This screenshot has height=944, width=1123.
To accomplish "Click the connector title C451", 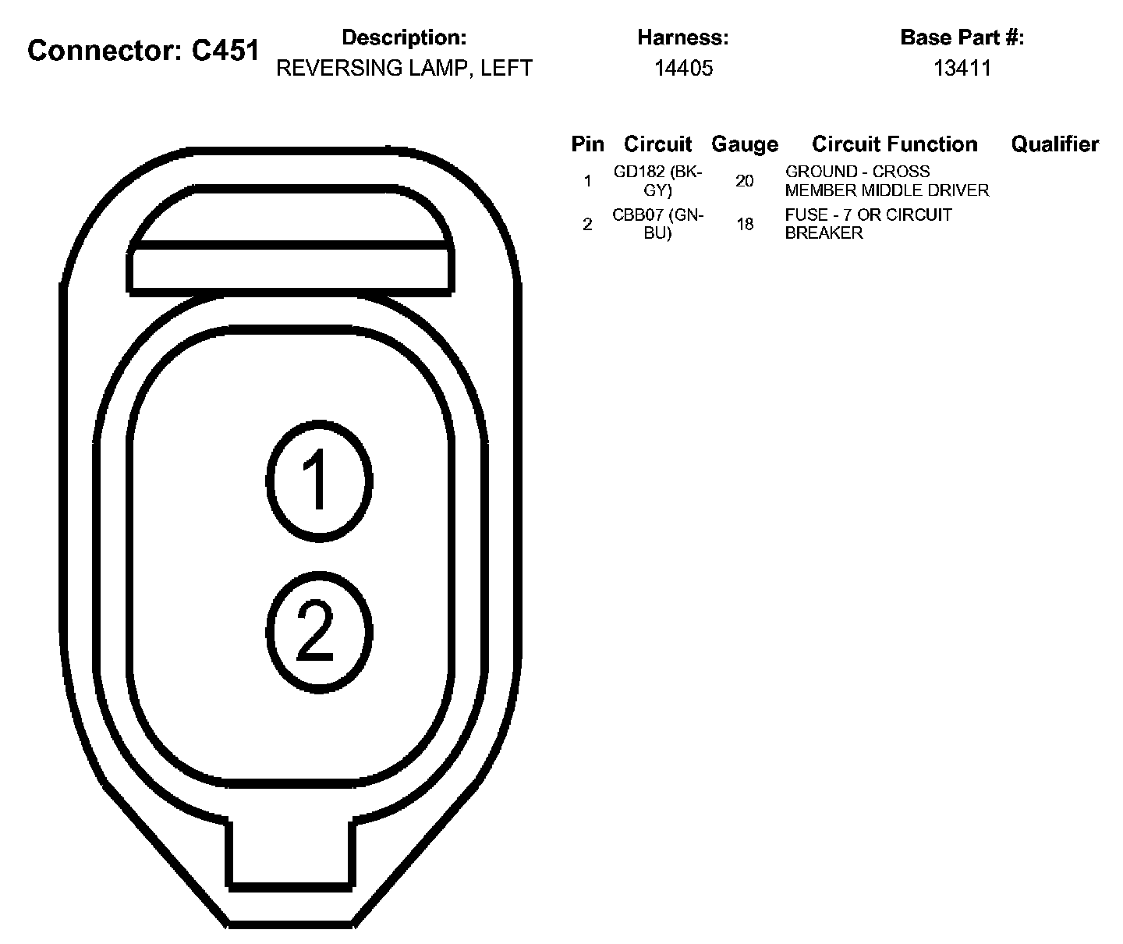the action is coord(143,51).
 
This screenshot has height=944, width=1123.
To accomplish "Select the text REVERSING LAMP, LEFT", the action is coord(404,69).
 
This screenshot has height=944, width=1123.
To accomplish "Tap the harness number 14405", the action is coord(683,69).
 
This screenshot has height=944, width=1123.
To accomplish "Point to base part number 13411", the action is coord(962,69).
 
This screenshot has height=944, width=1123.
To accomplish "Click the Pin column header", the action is coord(587,144).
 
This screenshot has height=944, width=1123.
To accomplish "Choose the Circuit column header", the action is coord(657,144).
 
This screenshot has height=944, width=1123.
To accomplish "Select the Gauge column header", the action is coord(744,144).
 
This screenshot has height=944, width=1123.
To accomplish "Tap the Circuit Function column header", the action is coord(895,144).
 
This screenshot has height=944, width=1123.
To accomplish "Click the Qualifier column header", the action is coord(1054,144).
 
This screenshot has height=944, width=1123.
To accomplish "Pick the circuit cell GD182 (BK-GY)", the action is coord(657,181).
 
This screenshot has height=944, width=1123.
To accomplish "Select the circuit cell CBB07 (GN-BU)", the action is coord(657,224).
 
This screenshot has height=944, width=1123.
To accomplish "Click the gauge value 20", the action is coord(744,181).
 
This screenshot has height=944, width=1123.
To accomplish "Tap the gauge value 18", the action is coord(744,225).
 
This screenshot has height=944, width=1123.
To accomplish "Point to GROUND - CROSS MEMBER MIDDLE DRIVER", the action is coord(887,181).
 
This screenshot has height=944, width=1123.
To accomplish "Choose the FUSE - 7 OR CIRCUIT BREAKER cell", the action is coord(868,224).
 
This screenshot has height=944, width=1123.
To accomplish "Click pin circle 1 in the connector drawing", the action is coord(318,481).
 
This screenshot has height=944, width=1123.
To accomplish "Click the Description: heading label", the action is coord(404,37).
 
